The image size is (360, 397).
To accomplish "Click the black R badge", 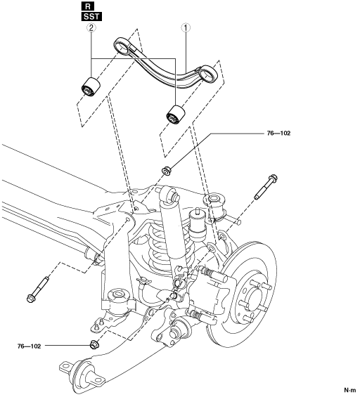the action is click(x=88, y=6).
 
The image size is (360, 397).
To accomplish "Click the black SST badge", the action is click(x=91, y=17).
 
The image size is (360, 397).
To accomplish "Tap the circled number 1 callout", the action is click(x=186, y=27).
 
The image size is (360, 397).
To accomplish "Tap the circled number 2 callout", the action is click(x=91, y=27).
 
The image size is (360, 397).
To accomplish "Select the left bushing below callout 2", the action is click(x=91, y=86).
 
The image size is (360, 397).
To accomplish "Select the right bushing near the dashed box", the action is click(x=176, y=115).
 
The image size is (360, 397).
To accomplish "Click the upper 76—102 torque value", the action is click(x=278, y=134).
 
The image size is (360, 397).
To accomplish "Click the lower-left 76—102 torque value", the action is click(x=29, y=346).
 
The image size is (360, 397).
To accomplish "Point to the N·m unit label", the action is click(x=350, y=390).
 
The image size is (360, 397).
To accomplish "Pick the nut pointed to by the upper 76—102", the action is click(x=166, y=170).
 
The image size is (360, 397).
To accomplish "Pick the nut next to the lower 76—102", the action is click(x=94, y=344).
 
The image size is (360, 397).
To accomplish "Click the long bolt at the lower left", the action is click(x=38, y=289).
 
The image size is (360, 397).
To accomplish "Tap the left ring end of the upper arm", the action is click(x=123, y=46).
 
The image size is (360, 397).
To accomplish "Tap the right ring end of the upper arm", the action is click(x=209, y=74).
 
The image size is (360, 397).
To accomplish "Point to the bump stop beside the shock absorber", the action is click(x=198, y=225).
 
